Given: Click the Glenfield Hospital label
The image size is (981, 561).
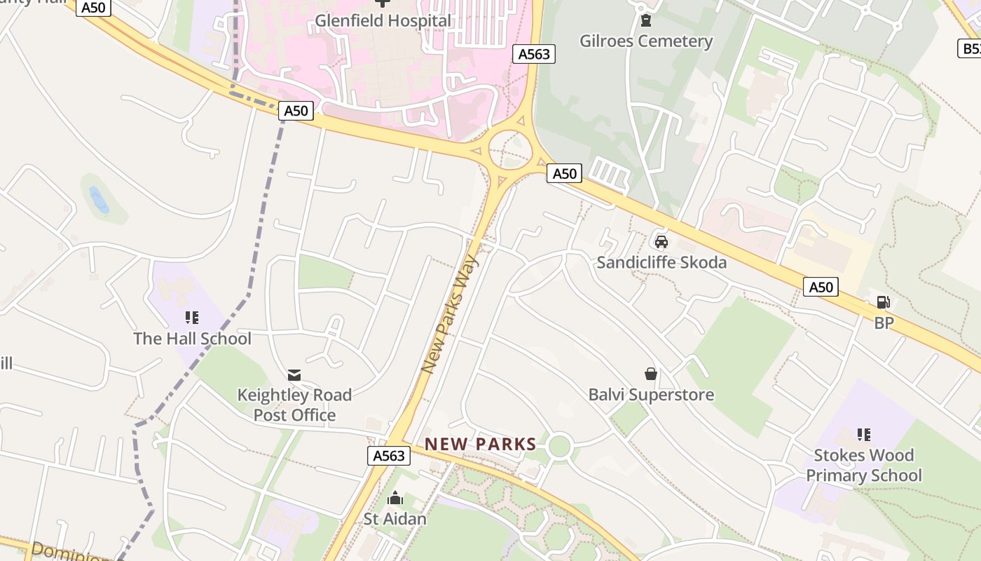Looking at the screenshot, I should click(x=383, y=21).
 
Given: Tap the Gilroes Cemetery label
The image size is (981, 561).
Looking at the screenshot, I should click(x=645, y=41).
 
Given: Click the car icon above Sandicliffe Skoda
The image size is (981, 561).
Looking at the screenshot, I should click(x=661, y=242).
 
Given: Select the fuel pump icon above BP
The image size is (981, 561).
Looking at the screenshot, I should click(x=884, y=302).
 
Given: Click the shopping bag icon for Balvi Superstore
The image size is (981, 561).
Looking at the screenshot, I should click(x=651, y=374).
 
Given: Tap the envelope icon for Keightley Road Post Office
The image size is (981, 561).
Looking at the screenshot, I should click(x=294, y=375).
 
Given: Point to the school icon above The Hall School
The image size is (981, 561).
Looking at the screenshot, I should click(x=193, y=318).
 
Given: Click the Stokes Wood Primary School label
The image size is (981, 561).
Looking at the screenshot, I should click(x=863, y=465).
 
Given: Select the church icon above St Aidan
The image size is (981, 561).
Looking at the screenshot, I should click(x=395, y=499).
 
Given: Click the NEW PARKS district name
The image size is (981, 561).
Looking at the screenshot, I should click(x=480, y=444).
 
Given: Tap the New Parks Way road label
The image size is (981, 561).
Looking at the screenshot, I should click(x=450, y=313).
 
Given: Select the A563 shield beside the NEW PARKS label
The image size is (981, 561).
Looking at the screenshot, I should click(x=388, y=456).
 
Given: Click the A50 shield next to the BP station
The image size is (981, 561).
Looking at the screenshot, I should click(x=820, y=287).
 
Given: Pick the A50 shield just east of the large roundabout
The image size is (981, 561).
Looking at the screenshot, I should click(x=564, y=173).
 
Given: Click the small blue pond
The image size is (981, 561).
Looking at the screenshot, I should click(x=99, y=199).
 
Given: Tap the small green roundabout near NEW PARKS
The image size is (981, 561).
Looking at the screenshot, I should click(x=559, y=445).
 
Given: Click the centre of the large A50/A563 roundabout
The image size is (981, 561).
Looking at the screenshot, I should click(x=509, y=149).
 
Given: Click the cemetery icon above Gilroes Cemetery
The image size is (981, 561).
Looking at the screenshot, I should click(x=645, y=20).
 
